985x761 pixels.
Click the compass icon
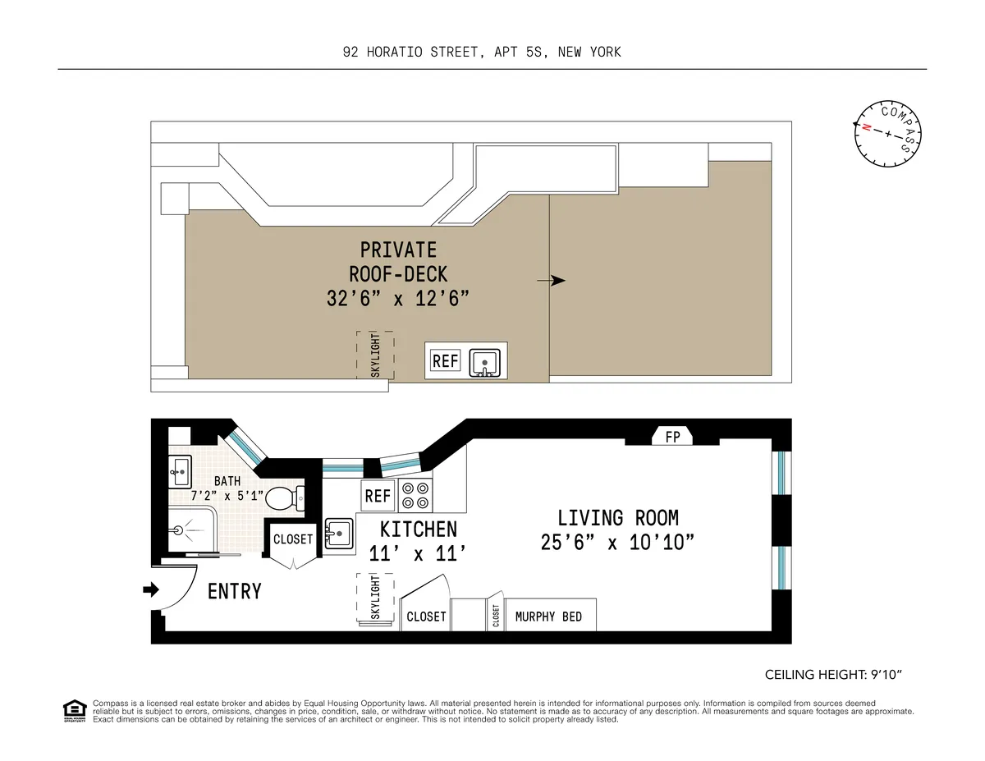click(887, 133)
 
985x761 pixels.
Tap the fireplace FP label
click(672, 438)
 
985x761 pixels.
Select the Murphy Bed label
click(548, 617)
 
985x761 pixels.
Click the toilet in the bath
click(285, 497)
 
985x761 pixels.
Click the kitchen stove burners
click(415, 496)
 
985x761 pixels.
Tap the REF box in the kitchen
click(378, 496)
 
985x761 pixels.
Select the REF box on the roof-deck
click(446, 361)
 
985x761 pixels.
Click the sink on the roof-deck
click(485, 361)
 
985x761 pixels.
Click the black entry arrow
click(151, 589)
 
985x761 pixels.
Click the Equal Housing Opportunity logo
click(75, 710)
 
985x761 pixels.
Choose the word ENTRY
click(235, 591)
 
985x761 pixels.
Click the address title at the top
click(482, 52)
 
